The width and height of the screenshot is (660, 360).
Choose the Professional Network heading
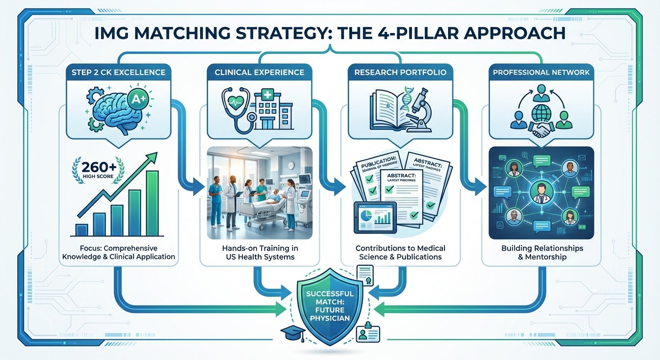tap(541, 72)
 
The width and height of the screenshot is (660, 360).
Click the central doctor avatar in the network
tap(541, 193)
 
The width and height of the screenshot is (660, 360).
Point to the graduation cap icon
tap(291, 333)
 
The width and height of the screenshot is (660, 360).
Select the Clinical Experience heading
tap(259, 72)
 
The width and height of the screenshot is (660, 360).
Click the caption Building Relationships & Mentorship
tap(541, 252)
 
